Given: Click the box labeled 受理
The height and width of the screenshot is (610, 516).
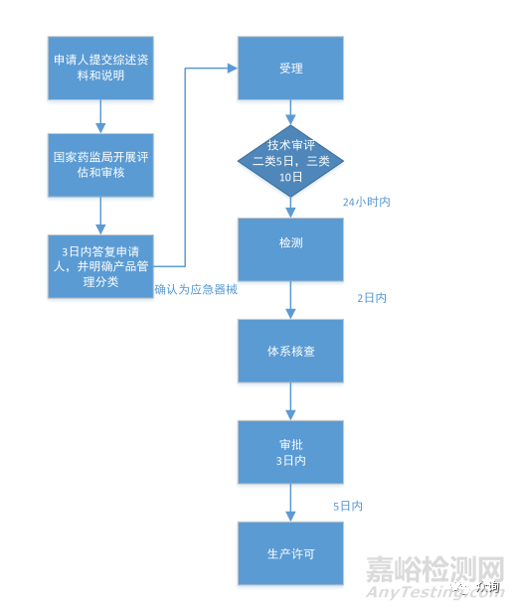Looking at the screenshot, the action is pos(290,69).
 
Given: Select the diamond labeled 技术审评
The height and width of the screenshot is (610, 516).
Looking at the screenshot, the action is pos(290,161).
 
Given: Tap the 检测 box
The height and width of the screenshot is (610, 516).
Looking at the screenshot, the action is pos(290,249).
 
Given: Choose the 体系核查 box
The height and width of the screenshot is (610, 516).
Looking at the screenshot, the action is pos(290,351).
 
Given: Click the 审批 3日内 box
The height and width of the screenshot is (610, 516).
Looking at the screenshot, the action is pos(290,452).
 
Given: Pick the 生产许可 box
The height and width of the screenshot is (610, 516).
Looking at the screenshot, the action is pos(290,553).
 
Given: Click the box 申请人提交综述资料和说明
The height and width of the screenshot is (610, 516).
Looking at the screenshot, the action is pos(100,69).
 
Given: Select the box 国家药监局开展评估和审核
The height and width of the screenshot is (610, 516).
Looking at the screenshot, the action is pos(100,165).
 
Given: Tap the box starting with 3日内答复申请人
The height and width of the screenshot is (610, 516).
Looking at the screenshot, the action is pos(100,266).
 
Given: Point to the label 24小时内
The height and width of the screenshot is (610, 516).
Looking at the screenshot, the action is pos(367,202).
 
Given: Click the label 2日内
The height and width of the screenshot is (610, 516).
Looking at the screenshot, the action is pos(372,298).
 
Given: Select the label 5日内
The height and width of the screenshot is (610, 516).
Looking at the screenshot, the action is pos(348,506).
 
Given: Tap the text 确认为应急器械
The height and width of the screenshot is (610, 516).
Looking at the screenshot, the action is pos(196,289).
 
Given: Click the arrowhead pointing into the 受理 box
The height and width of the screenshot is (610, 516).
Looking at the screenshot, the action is pos(233,69).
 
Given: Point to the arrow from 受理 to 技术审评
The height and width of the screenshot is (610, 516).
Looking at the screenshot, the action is pos(290,112).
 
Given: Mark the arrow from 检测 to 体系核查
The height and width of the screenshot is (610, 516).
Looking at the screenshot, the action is pos(290,300).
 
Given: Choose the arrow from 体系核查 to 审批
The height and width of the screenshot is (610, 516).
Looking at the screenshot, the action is pos(290,401).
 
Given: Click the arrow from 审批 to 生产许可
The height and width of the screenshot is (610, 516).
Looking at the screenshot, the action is pos(290,503).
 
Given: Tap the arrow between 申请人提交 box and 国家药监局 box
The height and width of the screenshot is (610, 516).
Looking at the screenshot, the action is pos(100,116).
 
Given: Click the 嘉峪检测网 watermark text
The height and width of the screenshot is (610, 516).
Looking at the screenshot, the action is pos(435,569).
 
